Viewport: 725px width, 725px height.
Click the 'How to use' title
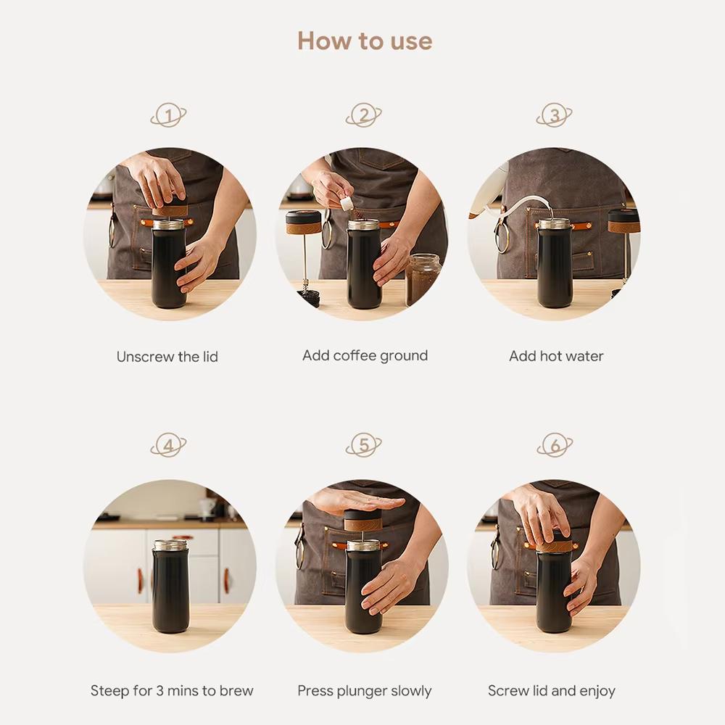364,41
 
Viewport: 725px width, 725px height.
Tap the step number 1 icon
168,115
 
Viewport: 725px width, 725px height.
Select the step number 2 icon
363,115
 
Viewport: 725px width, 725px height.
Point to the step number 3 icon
555,115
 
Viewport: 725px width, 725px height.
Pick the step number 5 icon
363,445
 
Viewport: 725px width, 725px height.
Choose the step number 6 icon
555,445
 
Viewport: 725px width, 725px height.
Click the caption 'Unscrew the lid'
167,357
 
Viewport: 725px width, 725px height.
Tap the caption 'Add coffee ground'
365,356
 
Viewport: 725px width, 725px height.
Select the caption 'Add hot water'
556,356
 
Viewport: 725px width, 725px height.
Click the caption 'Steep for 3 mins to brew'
172,691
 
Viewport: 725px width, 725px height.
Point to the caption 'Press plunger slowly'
364,691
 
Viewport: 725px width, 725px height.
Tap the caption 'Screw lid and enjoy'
551,691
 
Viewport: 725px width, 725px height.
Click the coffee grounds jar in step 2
423,279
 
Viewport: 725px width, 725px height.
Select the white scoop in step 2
348,204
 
